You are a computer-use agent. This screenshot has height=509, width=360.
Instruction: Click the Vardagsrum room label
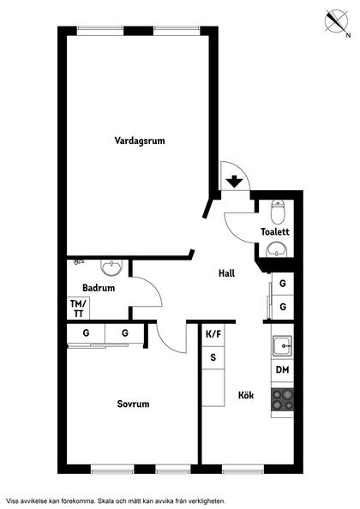click(x=140, y=141)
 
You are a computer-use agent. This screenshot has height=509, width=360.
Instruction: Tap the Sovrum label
click(x=133, y=404)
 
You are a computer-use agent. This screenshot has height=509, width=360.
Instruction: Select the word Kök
click(x=246, y=395)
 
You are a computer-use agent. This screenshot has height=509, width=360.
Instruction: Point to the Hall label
click(x=226, y=273)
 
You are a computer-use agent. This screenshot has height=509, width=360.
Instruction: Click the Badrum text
click(x=99, y=288)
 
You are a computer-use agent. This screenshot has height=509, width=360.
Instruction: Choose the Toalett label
click(x=275, y=231)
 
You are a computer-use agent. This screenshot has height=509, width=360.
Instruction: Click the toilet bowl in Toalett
click(x=278, y=212)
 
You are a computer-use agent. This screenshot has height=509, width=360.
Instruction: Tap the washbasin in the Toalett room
click(x=277, y=249)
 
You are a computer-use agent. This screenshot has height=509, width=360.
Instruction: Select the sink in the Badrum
click(x=112, y=267)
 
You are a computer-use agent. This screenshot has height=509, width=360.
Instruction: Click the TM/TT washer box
click(x=78, y=308)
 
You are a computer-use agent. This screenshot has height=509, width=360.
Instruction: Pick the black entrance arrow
click(x=234, y=181)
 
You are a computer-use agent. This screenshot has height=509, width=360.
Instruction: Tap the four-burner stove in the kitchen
click(x=282, y=399)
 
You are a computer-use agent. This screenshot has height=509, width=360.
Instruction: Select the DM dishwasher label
click(x=282, y=369)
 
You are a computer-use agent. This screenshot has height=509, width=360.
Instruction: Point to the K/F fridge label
click(x=213, y=334)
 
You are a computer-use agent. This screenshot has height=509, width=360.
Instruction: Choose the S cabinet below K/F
click(x=213, y=357)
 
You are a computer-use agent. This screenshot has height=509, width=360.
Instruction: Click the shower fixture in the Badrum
click(x=78, y=261)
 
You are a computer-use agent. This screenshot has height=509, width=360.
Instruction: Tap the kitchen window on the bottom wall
click(x=243, y=469)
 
